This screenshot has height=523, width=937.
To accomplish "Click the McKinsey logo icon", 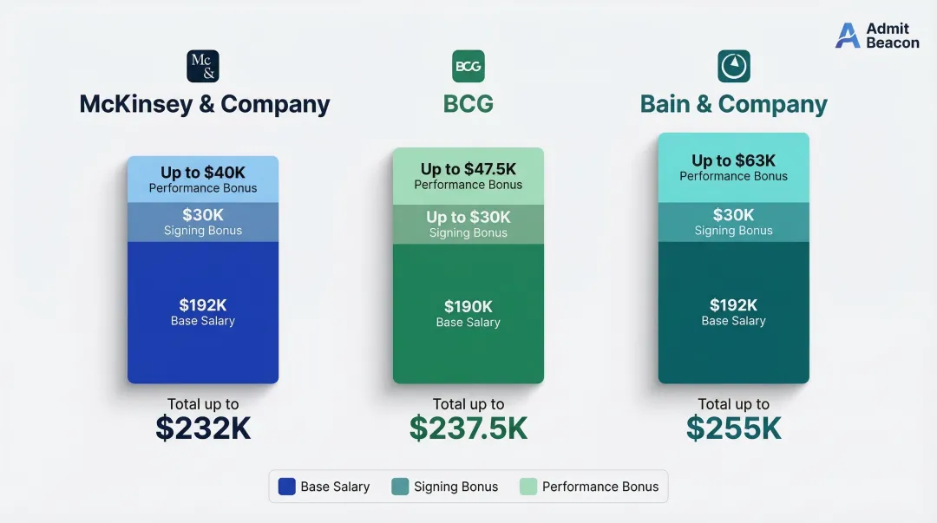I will pyautogui.click(x=203, y=66).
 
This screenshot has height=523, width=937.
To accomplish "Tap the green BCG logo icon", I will pyautogui.click(x=468, y=66).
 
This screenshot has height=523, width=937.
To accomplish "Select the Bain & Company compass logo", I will pyautogui.click(x=734, y=66).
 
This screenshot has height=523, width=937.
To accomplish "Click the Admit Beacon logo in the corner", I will pyautogui.click(x=877, y=36).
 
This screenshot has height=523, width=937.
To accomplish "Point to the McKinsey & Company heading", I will pyautogui.click(x=205, y=104).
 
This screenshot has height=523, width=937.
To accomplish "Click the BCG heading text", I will pyautogui.click(x=468, y=104).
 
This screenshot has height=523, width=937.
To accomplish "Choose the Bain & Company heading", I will pyautogui.click(x=734, y=104).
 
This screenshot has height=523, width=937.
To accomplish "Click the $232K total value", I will pyautogui.click(x=203, y=428).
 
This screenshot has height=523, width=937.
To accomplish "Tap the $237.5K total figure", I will pyautogui.click(x=468, y=428).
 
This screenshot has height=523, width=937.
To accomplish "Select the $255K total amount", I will pyautogui.click(x=734, y=428).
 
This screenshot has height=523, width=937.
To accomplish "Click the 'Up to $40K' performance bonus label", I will pyautogui.click(x=203, y=173).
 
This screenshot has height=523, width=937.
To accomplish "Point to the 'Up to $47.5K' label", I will pyautogui.click(x=468, y=169).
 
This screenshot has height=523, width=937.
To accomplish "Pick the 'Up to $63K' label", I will pyautogui.click(x=734, y=160).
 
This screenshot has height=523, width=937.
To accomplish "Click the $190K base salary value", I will pyautogui.click(x=468, y=306).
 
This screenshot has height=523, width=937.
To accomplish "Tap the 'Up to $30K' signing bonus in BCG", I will pyautogui.click(x=468, y=217).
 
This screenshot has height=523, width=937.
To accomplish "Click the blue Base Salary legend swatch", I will pyautogui.click(x=287, y=487).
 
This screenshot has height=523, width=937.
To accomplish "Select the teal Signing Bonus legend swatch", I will pyautogui.click(x=400, y=487).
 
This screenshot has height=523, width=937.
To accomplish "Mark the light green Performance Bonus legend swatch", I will pyautogui.click(x=528, y=487).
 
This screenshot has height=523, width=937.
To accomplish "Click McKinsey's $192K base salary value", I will pyautogui.click(x=203, y=304).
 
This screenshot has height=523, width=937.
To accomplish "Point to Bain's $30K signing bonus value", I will pyautogui.click(x=734, y=215).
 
